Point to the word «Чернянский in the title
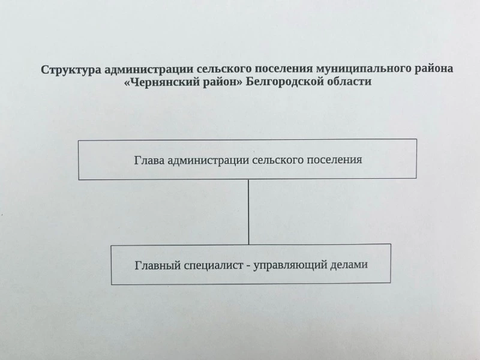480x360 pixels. (x=161, y=82)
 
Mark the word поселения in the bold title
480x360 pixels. (x=284, y=69)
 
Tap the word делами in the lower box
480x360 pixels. (x=349, y=264)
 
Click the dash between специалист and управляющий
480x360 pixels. (x=248, y=265)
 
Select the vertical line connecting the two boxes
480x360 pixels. (x=248, y=212)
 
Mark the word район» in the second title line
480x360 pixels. (x=222, y=82)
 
